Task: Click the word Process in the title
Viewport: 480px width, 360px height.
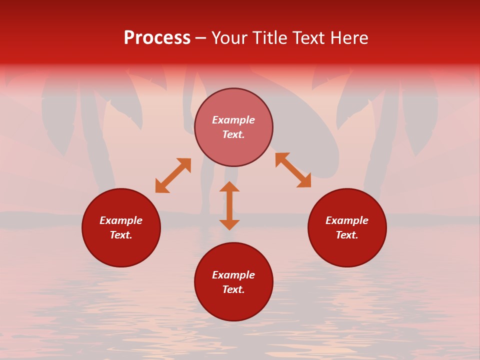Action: pos(157,38)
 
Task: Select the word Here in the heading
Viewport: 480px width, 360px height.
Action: pos(348,38)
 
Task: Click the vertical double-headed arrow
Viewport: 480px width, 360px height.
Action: pos(229,205)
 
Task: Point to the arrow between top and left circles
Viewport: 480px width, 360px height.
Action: pos(173,175)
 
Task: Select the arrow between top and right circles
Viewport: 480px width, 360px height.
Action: pos(293,170)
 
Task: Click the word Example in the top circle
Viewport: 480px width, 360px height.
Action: pos(233,120)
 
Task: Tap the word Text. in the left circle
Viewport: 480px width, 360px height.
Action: pos(121,235)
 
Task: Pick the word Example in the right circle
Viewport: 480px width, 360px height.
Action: pos(347,220)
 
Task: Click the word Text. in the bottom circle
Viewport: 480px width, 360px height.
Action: pos(233,289)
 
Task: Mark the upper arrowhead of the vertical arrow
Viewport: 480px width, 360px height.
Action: pos(229,186)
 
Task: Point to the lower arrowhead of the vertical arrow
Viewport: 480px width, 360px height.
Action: pos(229,224)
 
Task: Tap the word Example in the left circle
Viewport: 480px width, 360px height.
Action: pos(121,220)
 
